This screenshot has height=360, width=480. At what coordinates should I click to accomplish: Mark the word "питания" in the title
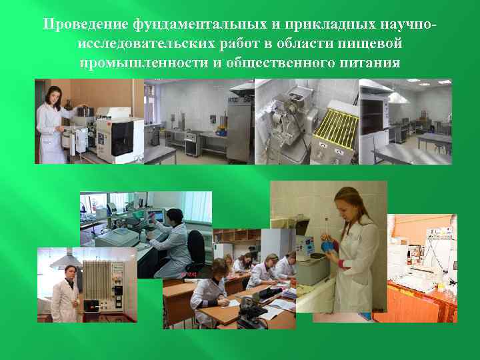tap(372, 63)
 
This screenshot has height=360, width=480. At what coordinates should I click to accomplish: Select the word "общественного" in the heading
tap(277, 63)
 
